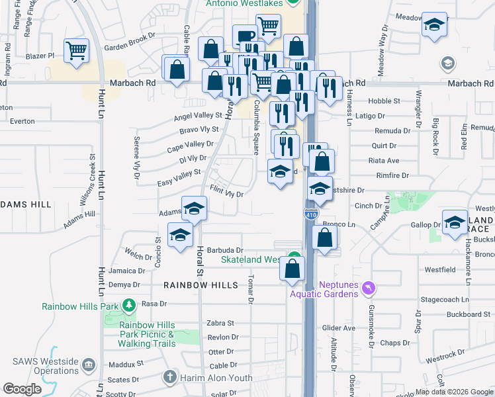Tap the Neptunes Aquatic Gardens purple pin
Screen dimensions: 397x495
click(x=369, y=288)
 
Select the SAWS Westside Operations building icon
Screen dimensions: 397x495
click(x=89, y=363)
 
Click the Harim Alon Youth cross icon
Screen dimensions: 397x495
click(x=170, y=378)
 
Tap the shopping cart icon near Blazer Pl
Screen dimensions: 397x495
click(x=77, y=50)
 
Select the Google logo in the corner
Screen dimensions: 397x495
click(x=22, y=389)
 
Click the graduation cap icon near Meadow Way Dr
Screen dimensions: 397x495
click(x=433, y=25)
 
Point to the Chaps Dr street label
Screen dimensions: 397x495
click(x=396, y=343)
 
